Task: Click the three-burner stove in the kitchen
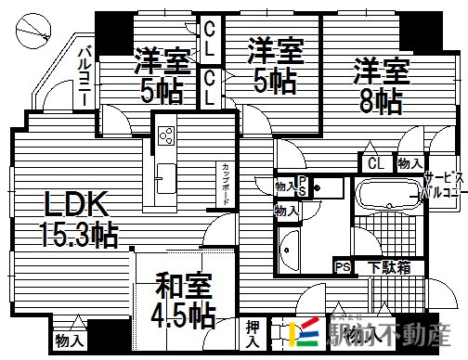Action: pyautogui.click(x=166, y=136)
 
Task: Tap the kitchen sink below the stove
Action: pyautogui.click(x=166, y=174)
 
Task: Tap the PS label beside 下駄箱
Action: pyautogui.click(x=342, y=267)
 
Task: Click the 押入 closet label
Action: pyautogui.click(x=253, y=335)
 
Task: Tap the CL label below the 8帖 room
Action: pyautogui.click(x=375, y=164)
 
